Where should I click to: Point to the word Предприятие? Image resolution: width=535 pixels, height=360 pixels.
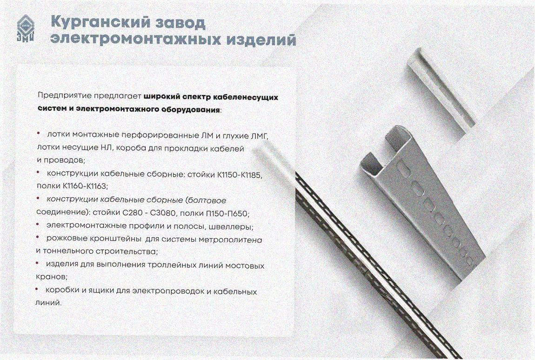[x=65, y=95]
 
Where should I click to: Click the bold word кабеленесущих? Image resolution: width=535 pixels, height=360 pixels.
[x=245, y=98]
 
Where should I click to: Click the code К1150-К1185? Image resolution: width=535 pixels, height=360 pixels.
[x=239, y=175]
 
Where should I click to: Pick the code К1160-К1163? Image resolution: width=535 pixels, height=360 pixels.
[x=85, y=187]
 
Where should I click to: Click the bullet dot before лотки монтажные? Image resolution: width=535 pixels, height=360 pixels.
[x=39, y=133]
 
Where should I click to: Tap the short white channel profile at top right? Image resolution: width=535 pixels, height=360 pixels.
[x=440, y=92]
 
